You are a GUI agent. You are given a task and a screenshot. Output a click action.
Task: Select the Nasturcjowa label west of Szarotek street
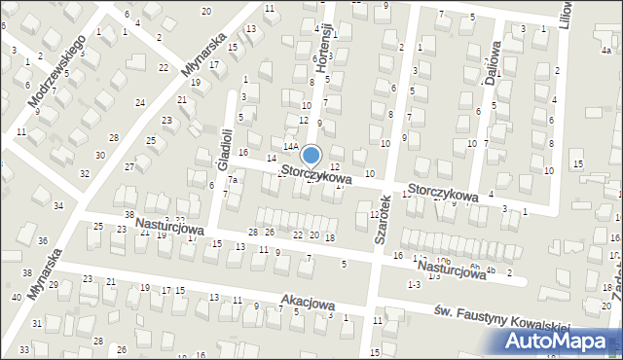pyautogui.click(x=169, y=227)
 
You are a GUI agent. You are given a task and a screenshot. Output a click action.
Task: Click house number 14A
pyautogui.click(x=290, y=146)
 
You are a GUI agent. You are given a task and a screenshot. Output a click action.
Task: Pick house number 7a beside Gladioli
pyautogui.click(x=233, y=179)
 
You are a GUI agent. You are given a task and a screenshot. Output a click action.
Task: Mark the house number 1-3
pyautogui.click(x=414, y=283)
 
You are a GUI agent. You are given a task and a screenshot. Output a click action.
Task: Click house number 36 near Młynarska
pyautogui.click(x=42, y=240)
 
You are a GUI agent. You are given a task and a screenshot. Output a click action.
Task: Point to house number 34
pyautogui.click(x=58, y=205)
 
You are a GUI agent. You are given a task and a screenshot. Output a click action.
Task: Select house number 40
pyautogui.click(x=16, y=297)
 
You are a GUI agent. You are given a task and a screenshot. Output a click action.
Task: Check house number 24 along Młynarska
pyautogui.click(x=140, y=102)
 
